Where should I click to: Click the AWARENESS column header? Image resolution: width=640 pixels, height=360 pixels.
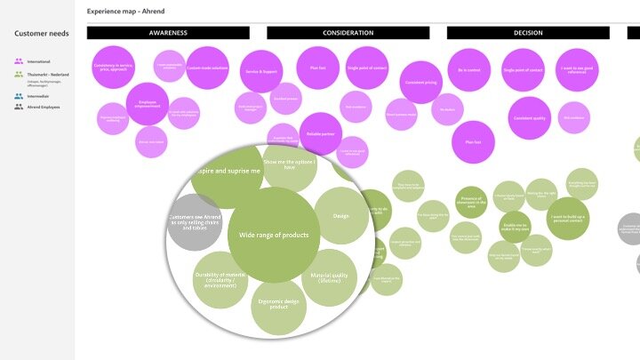[168, 33]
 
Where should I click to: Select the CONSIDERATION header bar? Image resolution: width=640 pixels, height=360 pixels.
[348, 33]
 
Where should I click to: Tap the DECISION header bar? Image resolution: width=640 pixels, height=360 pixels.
[528, 33]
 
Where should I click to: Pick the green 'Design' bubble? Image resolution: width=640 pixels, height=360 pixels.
[340, 216]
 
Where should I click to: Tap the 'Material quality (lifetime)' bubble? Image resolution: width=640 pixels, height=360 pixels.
[329, 277]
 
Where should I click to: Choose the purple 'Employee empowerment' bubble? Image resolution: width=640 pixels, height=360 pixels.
[148, 104]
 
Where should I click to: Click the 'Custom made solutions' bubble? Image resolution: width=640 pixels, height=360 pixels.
[208, 68]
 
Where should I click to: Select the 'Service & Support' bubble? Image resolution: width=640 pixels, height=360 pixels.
[261, 70]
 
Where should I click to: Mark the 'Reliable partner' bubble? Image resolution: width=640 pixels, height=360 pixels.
[320, 133]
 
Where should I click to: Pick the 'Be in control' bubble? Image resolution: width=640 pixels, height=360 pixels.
[468, 70]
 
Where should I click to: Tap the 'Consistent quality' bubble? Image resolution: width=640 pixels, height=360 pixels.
[530, 118]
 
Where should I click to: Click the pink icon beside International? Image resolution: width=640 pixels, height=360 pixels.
[19, 61]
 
